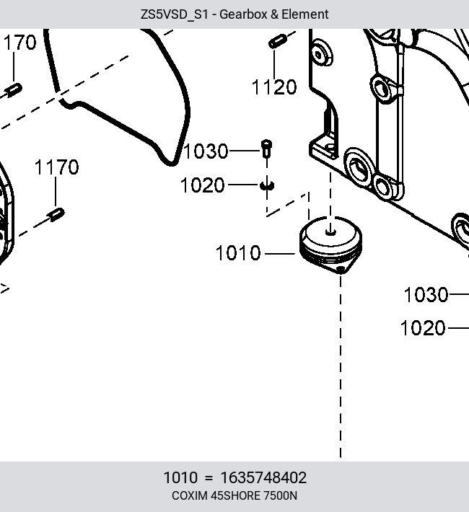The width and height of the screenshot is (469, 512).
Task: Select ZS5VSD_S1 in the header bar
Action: point(174,14)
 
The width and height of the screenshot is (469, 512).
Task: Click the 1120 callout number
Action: point(274,87)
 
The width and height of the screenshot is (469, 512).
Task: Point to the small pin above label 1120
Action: point(278,42)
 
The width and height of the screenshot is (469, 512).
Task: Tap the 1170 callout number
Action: point(56,167)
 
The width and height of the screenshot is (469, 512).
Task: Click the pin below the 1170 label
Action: point(56,214)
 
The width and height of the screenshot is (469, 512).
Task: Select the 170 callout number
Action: point(20,43)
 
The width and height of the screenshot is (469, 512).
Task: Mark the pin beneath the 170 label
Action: point(14,90)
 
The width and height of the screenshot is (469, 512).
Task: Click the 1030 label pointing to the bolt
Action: point(206,151)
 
